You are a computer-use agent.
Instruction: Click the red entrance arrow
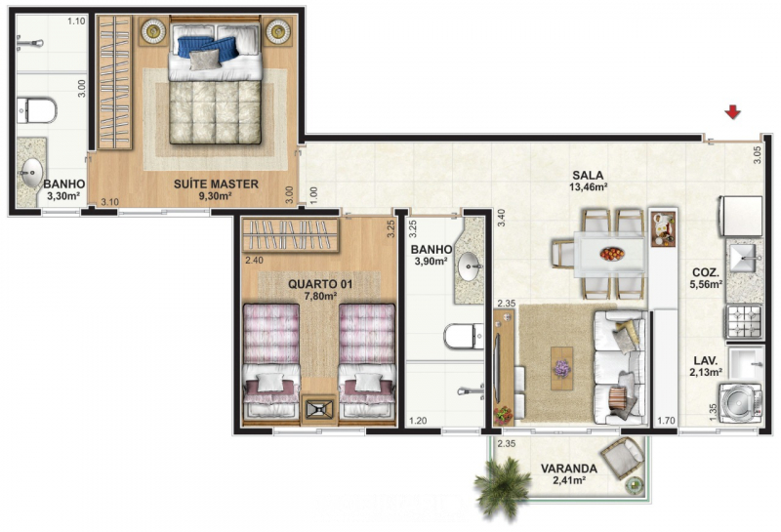(733, 113)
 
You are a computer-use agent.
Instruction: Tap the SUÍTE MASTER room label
(216, 184)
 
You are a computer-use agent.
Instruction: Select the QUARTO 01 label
(320, 284)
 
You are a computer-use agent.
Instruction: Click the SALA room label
(589, 176)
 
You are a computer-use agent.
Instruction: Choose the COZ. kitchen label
(707, 272)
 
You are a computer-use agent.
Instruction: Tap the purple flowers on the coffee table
(562, 368)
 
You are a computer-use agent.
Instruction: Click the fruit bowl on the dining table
(611, 254)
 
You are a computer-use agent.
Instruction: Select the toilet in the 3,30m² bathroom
(36, 109)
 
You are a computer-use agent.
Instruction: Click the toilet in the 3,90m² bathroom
(461, 337)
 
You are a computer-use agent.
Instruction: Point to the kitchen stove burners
(741, 318)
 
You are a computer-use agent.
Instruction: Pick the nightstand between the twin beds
(318, 409)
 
